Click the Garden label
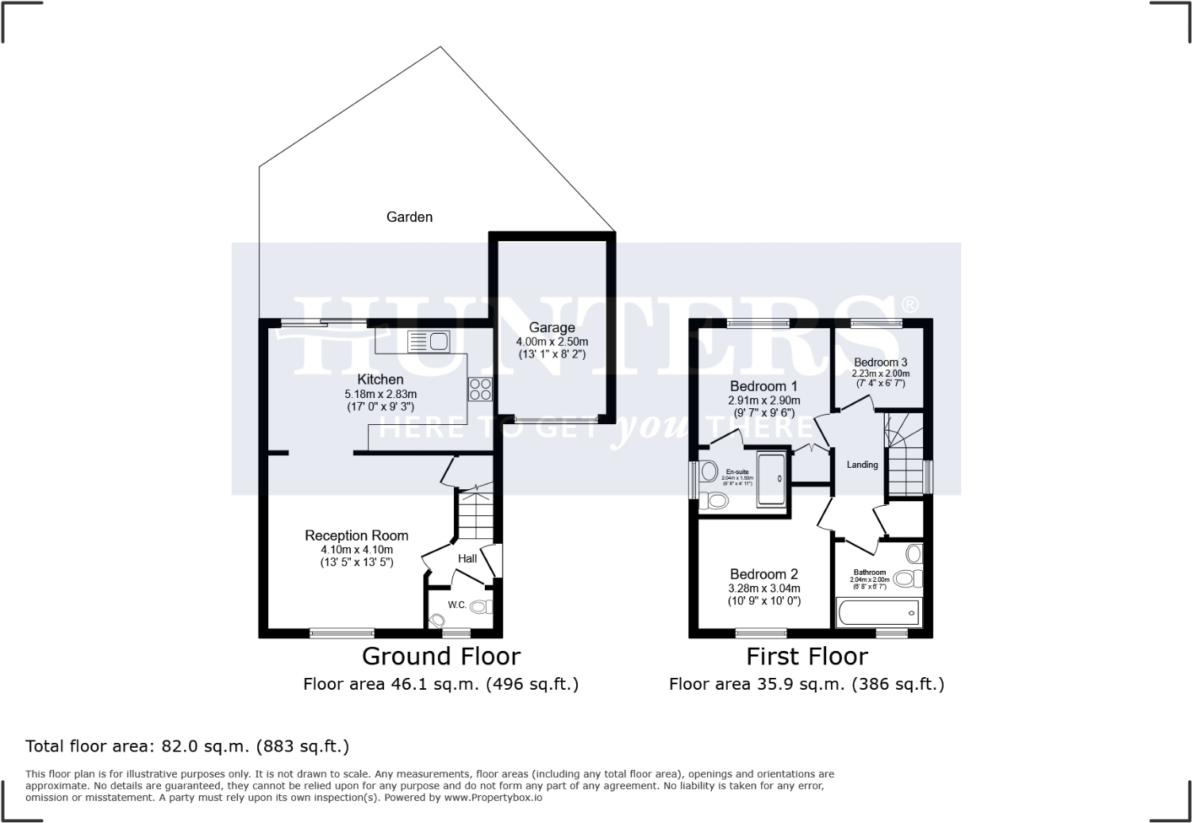point(409,216)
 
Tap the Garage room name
point(552,327)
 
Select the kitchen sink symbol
point(428,342)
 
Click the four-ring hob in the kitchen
point(480,389)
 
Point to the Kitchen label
point(380,379)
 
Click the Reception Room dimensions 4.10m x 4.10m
point(356,549)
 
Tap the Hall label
point(467,558)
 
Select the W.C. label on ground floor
point(456,605)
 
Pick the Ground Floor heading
point(440,656)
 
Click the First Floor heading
point(806,656)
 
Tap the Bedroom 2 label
point(763,574)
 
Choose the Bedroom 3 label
point(880,362)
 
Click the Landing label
point(862,465)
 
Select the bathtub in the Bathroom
point(878,613)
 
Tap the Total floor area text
point(187,745)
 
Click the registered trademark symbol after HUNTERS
point(909,304)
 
